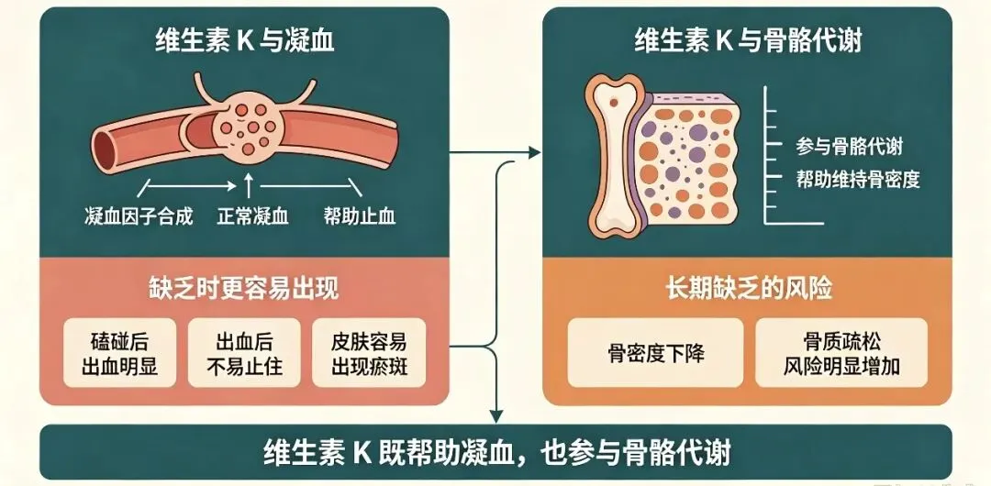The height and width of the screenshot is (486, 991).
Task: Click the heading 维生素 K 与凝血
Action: click(245, 41)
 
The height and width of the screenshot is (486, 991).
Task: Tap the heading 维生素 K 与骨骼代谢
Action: click(749, 41)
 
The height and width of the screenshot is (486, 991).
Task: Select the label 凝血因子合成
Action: click(139, 216)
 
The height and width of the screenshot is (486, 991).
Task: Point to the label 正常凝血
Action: click(253, 216)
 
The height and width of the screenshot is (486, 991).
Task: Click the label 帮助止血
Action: click(359, 216)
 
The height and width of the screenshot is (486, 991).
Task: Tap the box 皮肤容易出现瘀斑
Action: click(369, 353)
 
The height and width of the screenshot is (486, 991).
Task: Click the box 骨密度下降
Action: click(655, 353)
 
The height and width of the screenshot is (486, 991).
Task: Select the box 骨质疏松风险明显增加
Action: click(841, 353)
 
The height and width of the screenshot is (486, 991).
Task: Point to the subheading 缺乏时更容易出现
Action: click(245, 289)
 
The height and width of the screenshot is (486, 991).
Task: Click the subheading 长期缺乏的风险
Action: click(749, 289)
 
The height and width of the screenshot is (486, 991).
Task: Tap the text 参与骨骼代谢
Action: click(849, 147)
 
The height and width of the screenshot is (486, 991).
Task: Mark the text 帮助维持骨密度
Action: click(858, 180)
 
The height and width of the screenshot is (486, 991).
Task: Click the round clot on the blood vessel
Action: click(248, 126)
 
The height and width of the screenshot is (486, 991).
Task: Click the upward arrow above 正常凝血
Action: click(249, 187)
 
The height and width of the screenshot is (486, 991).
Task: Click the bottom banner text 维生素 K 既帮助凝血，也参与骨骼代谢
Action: click(496, 452)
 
